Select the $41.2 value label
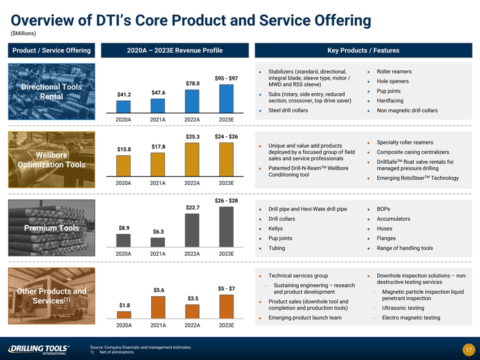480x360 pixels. [x=123, y=94]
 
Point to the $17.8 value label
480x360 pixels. [x=158, y=146]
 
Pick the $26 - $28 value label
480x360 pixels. [x=226, y=200]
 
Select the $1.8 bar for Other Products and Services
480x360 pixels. [x=123, y=315]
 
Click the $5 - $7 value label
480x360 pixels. [x=226, y=288]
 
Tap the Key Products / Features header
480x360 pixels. [x=363, y=50]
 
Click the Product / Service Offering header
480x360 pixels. [x=51, y=50]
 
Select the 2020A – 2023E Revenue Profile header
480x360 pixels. [x=175, y=50]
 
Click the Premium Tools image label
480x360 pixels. [x=51, y=228]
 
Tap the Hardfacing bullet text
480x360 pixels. [x=390, y=100]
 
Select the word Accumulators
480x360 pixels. [x=393, y=219]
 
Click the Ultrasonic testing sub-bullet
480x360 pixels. [x=403, y=308]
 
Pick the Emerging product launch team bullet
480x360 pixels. [x=305, y=318]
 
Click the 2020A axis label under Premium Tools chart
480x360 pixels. [x=123, y=254]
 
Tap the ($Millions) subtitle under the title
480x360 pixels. [x=23, y=33]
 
